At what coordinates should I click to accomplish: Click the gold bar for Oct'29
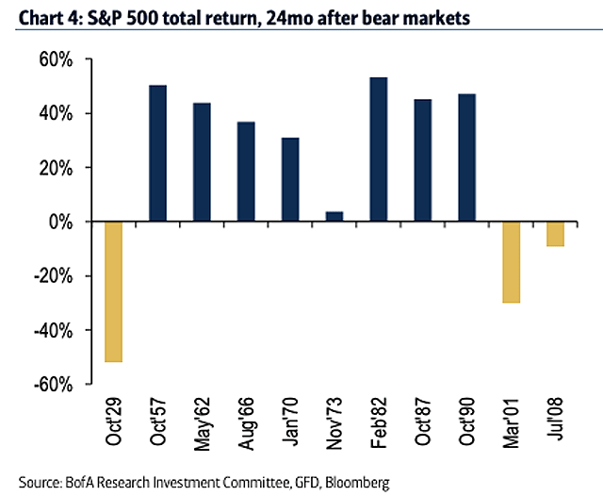(x=113, y=291)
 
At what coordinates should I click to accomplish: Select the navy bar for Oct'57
(x=157, y=153)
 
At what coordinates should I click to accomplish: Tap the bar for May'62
(x=202, y=162)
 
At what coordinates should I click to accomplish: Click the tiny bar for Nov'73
(x=334, y=217)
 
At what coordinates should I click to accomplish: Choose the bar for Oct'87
(x=423, y=160)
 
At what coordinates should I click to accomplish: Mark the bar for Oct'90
(x=467, y=157)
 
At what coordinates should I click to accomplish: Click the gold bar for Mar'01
(x=512, y=262)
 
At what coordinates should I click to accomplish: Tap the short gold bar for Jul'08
(x=556, y=234)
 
